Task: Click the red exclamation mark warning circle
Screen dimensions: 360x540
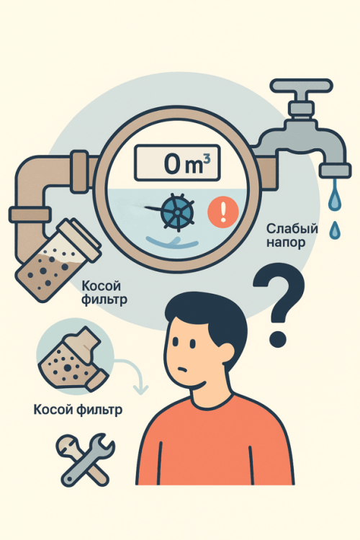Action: [x=223, y=212]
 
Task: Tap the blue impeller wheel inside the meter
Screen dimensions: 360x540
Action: [x=177, y=212]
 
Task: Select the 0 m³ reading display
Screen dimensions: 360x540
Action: [x=177, y=163]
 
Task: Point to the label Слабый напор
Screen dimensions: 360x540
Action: [x=292, y=235]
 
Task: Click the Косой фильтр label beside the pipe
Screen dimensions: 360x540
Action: [x=104, y=292]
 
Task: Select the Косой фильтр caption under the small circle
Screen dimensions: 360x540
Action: [x=78, y=410]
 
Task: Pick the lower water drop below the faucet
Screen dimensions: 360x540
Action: [x=335, y=230]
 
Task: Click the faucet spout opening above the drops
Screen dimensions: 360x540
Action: [x=335, y=171]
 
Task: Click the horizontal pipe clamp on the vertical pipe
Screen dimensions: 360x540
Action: [x=30, y=215]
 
